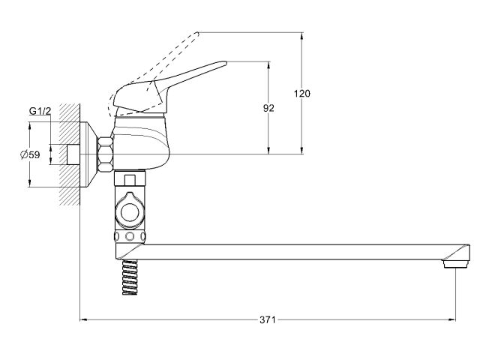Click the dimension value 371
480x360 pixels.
(268, 320)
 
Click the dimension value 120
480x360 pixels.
(302, 93)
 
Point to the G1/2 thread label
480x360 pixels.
(40, 112)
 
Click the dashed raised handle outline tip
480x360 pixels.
(196, 34)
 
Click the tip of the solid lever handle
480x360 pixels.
(223, 64)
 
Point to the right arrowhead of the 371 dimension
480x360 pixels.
(452, 320)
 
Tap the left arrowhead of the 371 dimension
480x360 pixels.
(82, 320)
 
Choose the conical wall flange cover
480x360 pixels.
(91, 154)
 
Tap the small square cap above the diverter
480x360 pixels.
(131, 179)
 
